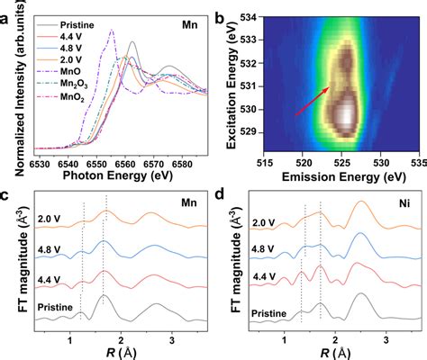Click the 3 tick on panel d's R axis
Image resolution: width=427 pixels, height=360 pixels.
pyautogui.click(x=386, y=341)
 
